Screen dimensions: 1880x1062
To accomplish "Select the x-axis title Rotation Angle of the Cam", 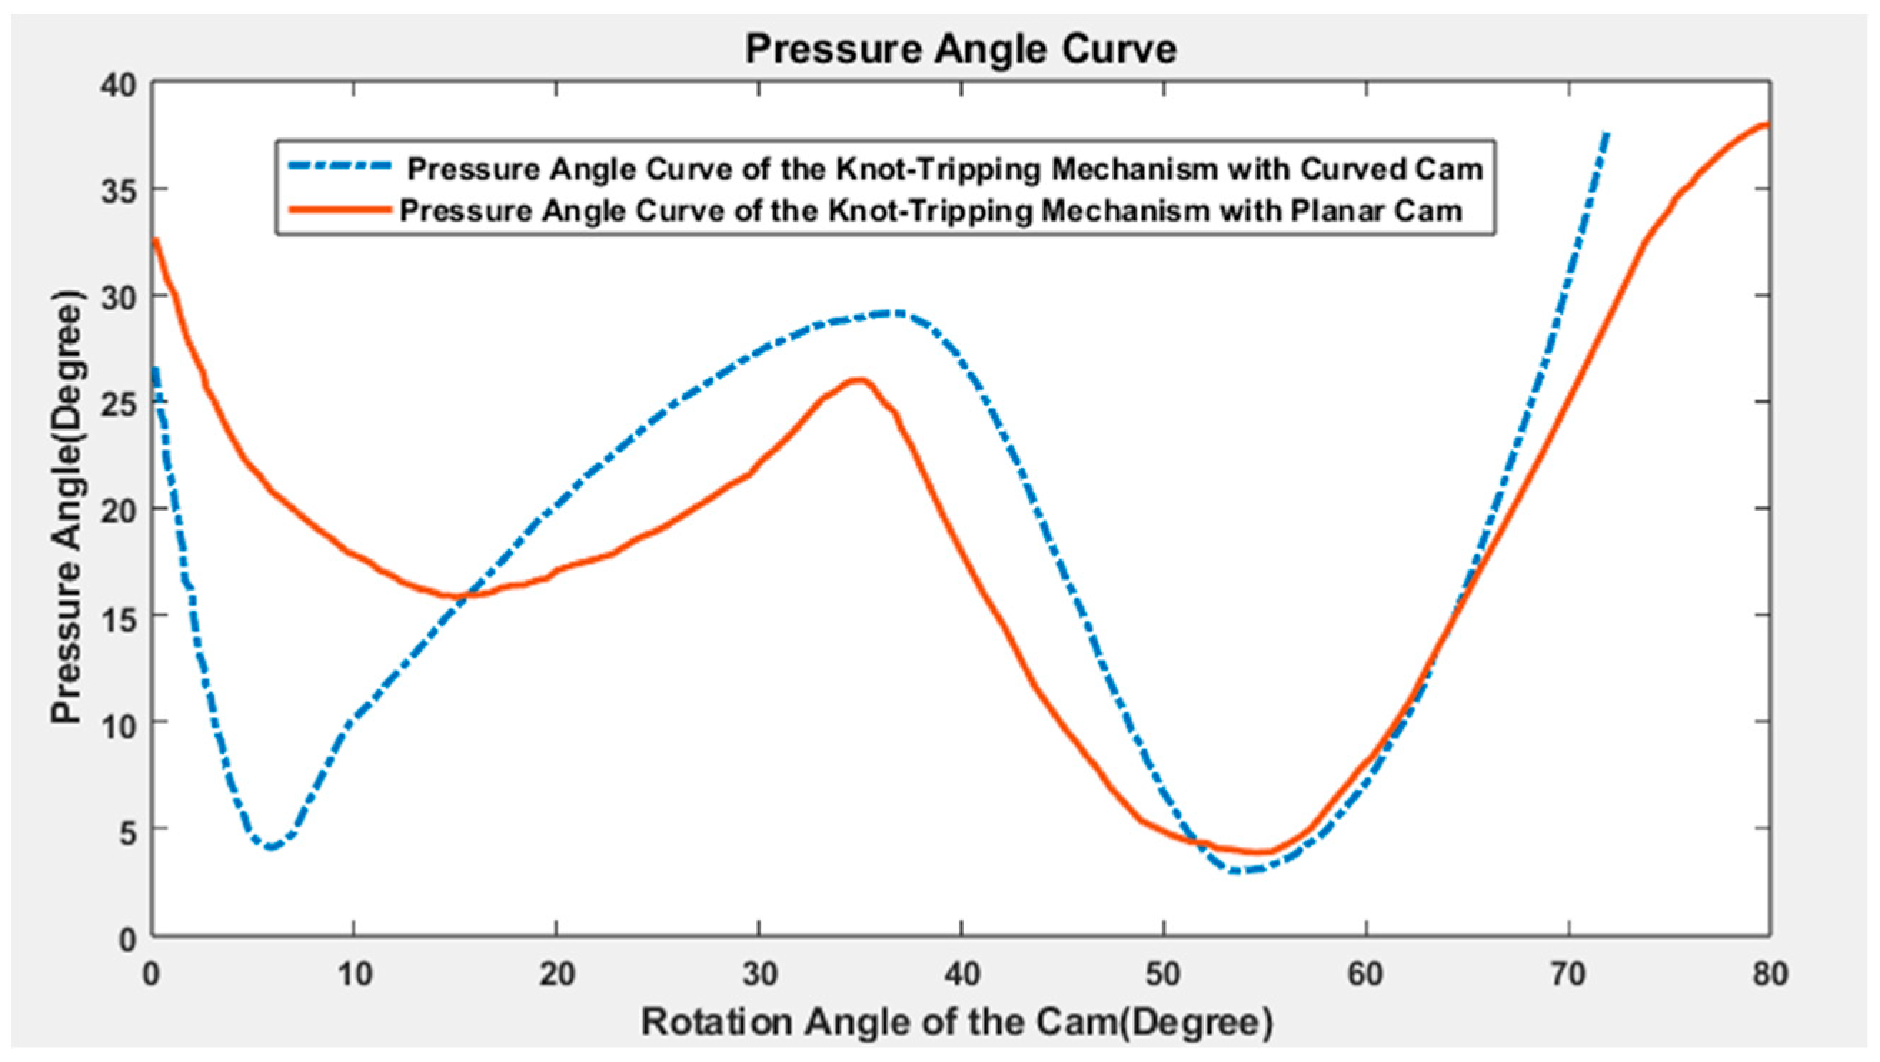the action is (879, 1022).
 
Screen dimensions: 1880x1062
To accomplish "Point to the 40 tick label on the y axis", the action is (118, 85).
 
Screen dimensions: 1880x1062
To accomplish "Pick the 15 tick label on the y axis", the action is (118, 615).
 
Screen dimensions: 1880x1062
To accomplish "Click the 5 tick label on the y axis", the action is (129, 828).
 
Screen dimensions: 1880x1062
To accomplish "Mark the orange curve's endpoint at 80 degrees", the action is (1767, 124).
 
